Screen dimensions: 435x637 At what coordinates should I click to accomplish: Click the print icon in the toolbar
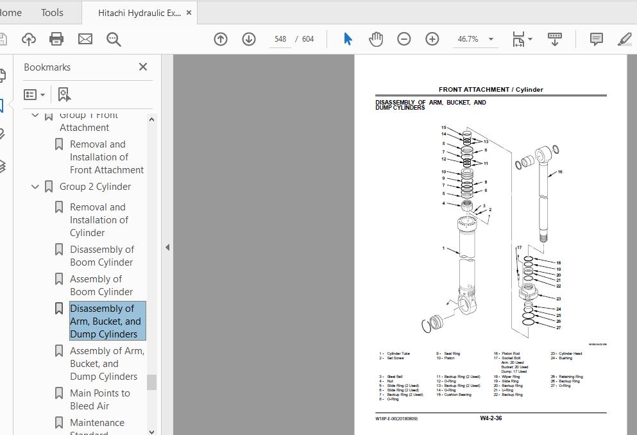click(x=56, y=39)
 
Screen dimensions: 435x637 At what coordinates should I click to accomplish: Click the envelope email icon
click(x=85, y=39)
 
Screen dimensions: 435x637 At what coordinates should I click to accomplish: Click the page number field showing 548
click(x=280, y=39)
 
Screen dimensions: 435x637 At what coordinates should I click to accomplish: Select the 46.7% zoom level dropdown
click(x=475, y=39)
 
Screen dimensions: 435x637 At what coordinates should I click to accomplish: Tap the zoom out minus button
click(x=404, y=39)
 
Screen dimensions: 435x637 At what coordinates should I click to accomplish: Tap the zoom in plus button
click(x=432, y=39)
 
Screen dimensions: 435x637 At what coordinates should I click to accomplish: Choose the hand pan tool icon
click(x=376, y=39)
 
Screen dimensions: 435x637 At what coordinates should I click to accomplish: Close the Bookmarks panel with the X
click(x=143, y=67)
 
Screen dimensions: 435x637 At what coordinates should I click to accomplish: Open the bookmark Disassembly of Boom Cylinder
click(x=101, y=255)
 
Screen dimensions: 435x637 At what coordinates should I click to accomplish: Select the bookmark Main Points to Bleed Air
click(x=99, y=399)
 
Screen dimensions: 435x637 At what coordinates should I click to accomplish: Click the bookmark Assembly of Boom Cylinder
click(x=101, y=285)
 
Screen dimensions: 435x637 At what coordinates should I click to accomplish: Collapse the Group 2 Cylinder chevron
click(x=35, y=187)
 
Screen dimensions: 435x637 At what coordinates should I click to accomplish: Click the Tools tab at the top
click(x=52, y=12)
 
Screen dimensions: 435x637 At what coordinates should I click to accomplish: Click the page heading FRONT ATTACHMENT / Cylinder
click(x=491, y=90)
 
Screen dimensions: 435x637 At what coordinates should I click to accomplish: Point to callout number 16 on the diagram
click(x=560, y=172)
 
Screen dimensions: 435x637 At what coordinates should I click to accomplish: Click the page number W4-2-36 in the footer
click(x=491, y=418)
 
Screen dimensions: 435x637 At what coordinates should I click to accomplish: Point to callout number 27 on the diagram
click(x=559, y=328)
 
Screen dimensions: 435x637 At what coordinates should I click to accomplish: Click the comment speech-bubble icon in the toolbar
click(x=596, y=39)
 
